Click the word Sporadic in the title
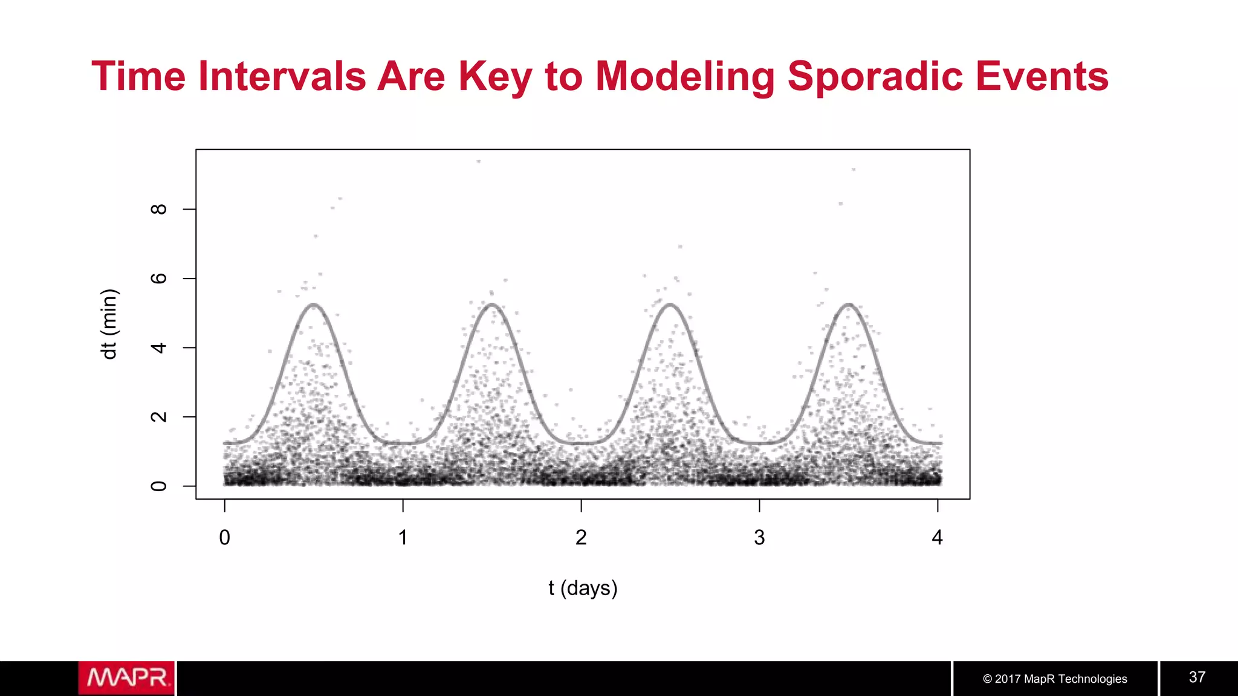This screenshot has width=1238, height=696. [875, 77]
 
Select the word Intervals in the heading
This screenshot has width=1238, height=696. [282, 77]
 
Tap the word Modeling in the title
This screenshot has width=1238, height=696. [685, 77]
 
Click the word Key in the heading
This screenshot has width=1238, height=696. [495, 77]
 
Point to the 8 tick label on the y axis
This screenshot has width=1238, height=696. [158, 209]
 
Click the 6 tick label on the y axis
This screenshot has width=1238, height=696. [158, 279]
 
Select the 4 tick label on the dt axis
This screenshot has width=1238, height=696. [158, 348]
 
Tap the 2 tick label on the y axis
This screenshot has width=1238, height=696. [158, 417]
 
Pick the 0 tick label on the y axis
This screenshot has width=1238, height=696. [158, 486]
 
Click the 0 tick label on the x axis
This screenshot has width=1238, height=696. [225, 537]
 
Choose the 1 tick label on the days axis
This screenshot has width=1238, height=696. [403, 537]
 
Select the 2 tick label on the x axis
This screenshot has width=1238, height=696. [581, 537]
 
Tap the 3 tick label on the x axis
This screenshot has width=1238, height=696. [759, 537]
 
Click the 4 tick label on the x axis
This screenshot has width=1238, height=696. [938, 537]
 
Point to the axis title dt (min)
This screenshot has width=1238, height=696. [109, 324]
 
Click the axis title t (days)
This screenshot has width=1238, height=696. [583, 588]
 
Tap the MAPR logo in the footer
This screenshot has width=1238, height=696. [126, 678]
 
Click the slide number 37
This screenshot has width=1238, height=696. [1197, 677]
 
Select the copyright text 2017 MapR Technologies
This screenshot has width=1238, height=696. [1055, 679]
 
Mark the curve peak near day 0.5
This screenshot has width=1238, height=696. [314, 304]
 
